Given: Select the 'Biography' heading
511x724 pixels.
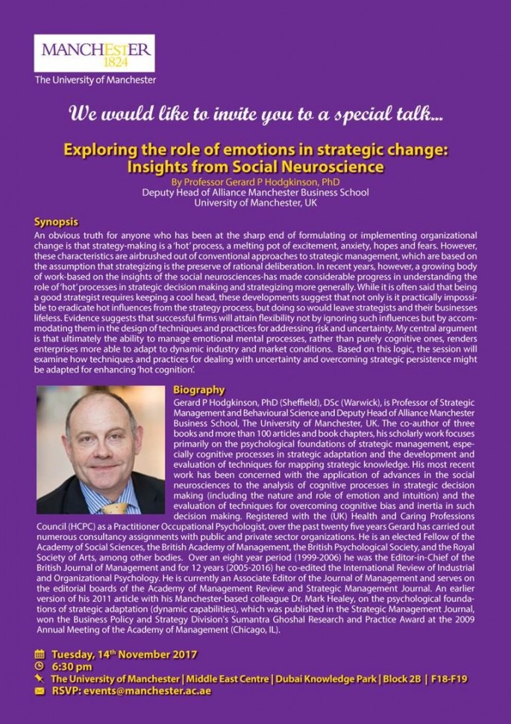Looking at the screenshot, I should (198, 390).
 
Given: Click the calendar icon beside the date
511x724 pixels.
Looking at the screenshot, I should (40, 655).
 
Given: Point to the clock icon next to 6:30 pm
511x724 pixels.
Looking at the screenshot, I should (40, 667).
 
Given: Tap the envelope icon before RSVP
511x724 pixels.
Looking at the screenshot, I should (40, 691).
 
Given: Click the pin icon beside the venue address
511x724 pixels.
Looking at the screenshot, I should (40, 679).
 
